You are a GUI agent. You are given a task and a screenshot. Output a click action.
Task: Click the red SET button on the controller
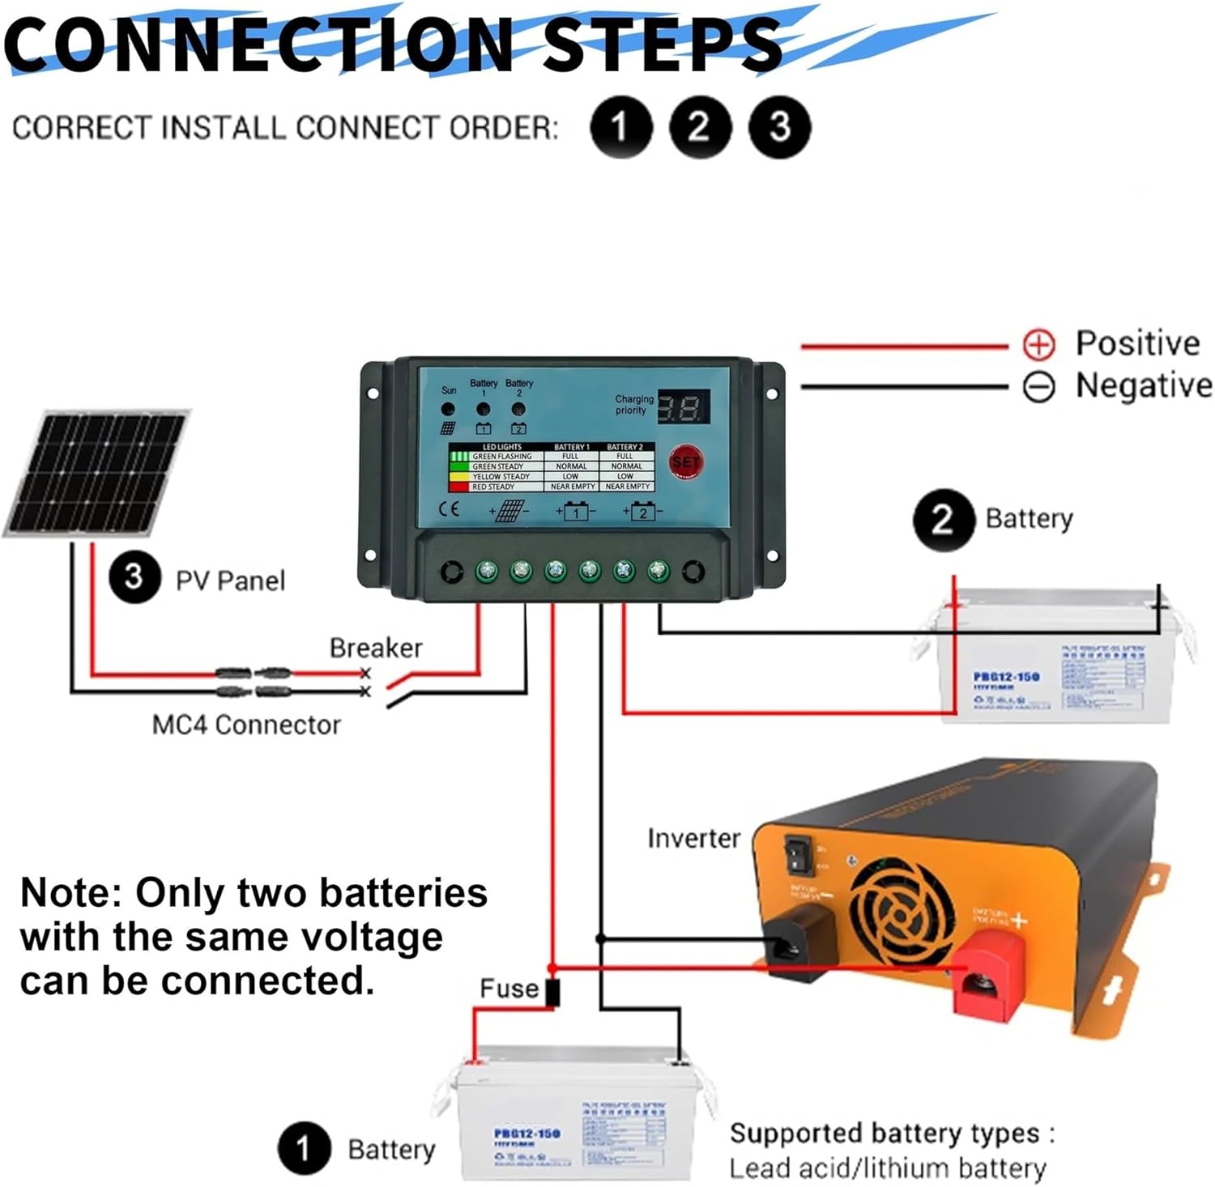(685, 462)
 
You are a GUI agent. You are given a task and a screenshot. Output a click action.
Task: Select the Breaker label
(375, 648)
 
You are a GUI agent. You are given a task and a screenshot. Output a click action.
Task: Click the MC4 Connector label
(246, 725)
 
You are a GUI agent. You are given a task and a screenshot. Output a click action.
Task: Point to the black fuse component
(552, 993)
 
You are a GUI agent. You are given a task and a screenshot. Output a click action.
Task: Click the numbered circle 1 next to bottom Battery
(304, 1148)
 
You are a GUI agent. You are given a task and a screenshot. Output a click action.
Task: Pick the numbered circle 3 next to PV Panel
(134, 577)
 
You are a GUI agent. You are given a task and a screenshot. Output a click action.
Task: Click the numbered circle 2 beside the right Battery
(943, 519)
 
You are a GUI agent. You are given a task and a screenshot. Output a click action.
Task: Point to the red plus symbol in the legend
(1038, 344)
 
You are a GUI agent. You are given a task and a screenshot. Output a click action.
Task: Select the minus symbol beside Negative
(1038, 387)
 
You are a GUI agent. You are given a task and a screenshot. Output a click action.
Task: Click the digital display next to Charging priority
(683, 406)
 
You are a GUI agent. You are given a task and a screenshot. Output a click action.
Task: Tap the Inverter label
(693, 838)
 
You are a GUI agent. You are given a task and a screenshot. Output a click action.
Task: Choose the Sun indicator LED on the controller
(448, 410)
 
